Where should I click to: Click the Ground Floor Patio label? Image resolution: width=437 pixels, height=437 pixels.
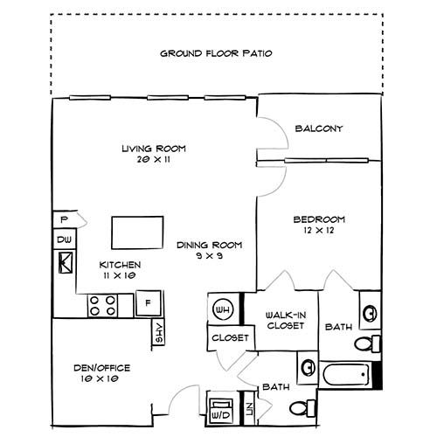216,53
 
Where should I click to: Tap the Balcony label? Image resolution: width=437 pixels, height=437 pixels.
319,128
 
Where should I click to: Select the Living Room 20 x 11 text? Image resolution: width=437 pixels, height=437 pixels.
154,154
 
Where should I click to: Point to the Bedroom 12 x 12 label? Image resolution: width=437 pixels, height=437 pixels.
318,225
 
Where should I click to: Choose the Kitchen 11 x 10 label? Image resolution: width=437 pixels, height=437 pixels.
120,269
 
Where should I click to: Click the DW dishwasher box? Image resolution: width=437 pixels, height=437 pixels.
64,239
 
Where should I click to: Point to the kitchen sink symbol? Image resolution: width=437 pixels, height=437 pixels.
65,262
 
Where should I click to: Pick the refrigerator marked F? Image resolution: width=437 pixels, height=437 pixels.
148,304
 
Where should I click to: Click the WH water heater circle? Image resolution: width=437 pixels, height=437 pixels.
222,308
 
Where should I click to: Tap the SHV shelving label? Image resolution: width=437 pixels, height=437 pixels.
159,333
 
